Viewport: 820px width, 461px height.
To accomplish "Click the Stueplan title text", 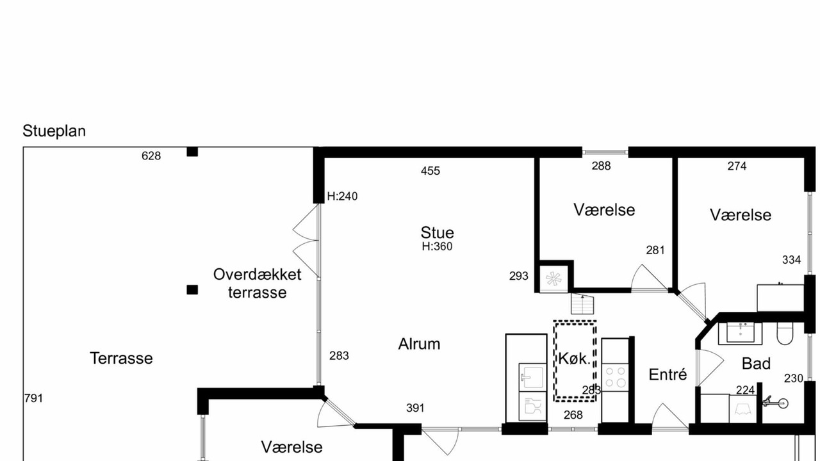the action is (x=54, y=131).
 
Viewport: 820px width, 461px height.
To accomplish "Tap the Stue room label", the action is (x=437, y=232).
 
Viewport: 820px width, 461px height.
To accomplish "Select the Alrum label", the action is (x=419, y=344).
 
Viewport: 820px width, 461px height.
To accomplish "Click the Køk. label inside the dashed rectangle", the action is (x=575, y=359).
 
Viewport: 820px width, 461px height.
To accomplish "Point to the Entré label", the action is (x=668, y=375).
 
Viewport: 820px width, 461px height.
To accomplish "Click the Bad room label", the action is (x=757, y=364).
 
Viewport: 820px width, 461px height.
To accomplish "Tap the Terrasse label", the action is (x=121, y=359).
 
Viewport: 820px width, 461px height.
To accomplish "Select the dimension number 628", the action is (x=151, y=156).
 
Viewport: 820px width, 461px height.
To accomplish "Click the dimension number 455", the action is (x=430, y=171).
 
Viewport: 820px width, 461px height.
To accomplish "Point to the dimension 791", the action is (x=34, y=398).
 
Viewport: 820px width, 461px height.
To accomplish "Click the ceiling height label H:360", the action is (x=437, y=247).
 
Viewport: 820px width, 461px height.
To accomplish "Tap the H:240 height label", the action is (x=342, y=197).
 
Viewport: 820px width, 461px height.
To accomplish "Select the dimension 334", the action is (x=791, y=260).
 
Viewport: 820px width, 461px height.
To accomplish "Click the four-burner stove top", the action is (x=615, y=377).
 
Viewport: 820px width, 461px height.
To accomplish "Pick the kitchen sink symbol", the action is (x=532, y=376).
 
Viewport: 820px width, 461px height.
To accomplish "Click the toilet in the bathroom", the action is (x=785, y=334).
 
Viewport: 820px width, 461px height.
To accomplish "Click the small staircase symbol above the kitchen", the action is (x=582, y=304).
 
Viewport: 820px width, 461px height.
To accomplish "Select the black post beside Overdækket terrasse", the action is (x=192, y=290).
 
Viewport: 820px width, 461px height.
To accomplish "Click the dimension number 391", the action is (x=416, y=408).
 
